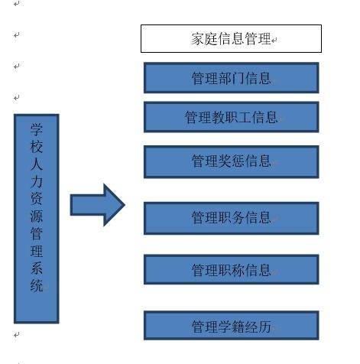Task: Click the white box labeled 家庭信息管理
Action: [231, 38]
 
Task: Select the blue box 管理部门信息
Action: [232, 78]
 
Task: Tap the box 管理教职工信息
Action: [232, 117]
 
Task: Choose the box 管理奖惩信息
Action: [232, 161]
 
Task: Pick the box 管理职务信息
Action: [232, 218]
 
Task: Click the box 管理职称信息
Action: [232, 269]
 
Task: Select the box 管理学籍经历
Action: [232, 325]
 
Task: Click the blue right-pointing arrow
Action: [97, 205]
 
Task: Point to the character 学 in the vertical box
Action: [37, 129]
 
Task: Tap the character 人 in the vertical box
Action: [37, 164]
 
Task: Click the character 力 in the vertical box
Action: [37, 181]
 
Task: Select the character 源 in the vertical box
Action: [37, 216]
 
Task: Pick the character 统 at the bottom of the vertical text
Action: [37, 285]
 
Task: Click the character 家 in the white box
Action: [198, 39]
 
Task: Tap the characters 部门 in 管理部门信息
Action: [231, 78]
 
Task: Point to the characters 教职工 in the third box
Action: [231, 117]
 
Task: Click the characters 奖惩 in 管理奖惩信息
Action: [231, 161]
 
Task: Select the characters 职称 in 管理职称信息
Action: [231, 270]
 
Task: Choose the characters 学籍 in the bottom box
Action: [231, 327]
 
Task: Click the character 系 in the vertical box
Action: [37, 268]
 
